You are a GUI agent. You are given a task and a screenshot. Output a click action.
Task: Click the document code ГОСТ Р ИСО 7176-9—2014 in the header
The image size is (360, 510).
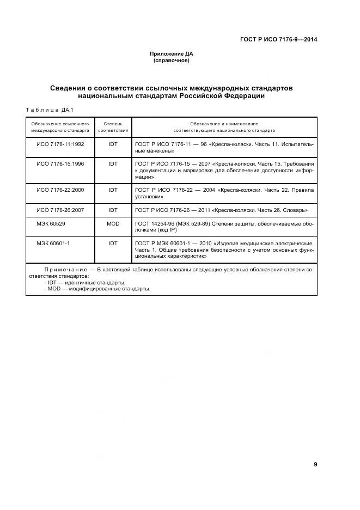point(279,39)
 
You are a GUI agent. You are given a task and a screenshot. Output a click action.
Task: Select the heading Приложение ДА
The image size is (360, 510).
point(172,54)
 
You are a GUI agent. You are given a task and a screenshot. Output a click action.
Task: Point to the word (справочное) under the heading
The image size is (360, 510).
point(172,60)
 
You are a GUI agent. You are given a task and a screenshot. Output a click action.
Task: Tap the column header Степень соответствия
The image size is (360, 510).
point(113,127)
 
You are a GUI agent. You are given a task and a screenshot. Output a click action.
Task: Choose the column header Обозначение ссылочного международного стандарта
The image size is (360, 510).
point(60,127)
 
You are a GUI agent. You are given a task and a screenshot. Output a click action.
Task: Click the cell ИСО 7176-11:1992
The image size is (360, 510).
point(60,143)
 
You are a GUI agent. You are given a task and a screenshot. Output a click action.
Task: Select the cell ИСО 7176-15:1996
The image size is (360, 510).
point(60,163)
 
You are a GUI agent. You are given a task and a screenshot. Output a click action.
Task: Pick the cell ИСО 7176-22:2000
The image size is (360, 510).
point(60,190)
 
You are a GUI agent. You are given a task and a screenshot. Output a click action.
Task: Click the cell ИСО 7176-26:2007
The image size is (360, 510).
point(60,210)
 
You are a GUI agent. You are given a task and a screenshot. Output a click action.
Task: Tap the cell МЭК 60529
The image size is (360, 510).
point(52,223)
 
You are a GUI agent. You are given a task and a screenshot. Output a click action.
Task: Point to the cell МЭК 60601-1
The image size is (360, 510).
point(53,243)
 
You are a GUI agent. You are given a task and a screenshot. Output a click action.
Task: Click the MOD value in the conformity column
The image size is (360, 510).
point(113,223)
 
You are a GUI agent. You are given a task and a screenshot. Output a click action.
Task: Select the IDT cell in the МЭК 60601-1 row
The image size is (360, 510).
point(113,243)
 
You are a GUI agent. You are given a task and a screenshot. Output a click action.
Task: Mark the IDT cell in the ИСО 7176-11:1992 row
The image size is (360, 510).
point(113,143)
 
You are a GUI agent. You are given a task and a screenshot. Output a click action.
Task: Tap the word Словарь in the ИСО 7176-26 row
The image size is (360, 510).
point(295,210)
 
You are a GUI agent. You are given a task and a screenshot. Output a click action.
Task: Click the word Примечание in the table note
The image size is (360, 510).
point(66,269)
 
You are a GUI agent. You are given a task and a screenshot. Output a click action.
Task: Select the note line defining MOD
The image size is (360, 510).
point(97,289)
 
